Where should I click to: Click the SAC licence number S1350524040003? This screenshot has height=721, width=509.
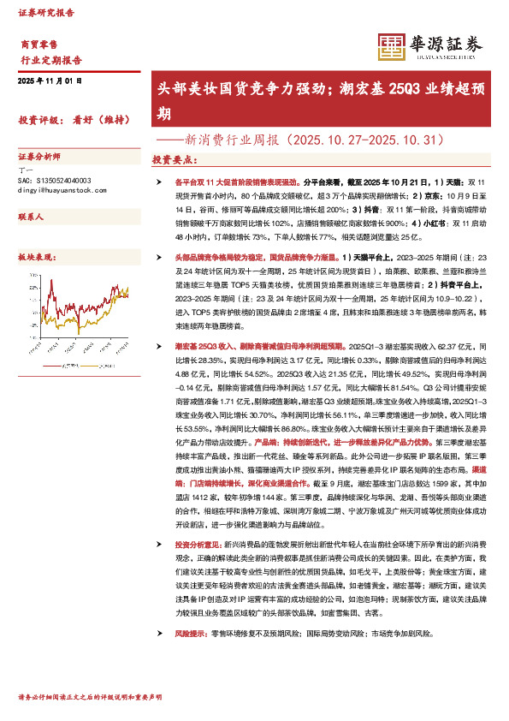pos(59,181)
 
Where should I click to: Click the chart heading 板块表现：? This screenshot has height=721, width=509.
pos(37,257)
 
